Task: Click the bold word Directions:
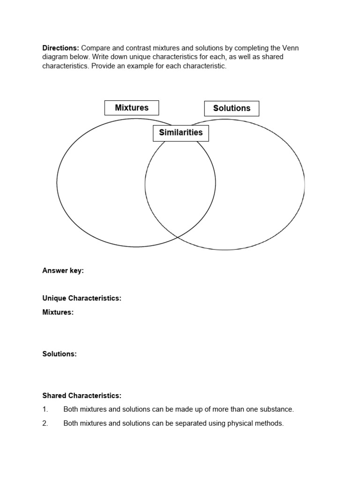coord(61,48)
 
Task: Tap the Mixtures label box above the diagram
coord(132,108)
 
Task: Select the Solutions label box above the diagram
coord(232,108)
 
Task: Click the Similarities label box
coord(181,133)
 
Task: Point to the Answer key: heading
coord(63,270)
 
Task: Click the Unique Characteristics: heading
coord(82,298)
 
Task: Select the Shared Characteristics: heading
coord(82,396)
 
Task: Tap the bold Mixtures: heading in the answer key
coord(58,312)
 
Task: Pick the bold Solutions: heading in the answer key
coord(60,354)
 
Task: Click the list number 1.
coord(45,409)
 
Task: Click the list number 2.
coord(45,423)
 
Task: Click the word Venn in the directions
coord(290,48)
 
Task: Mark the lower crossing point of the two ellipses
coord(178,236)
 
